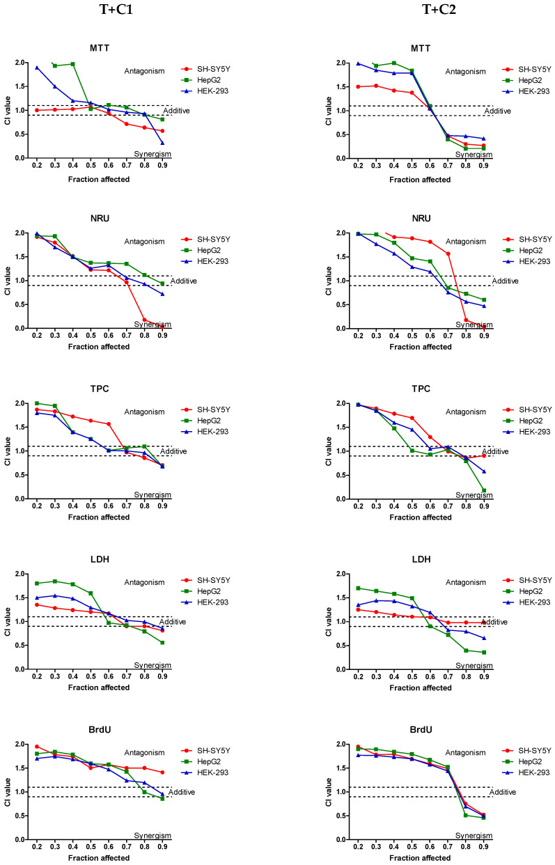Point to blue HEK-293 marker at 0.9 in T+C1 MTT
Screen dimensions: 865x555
coord(163,143)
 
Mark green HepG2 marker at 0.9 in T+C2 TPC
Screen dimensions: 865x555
coord(484,490)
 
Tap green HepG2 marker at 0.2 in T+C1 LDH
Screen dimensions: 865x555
coord(36,583)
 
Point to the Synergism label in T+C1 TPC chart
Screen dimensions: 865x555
coord(153,494)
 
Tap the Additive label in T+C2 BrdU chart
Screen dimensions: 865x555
coord(502,792)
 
